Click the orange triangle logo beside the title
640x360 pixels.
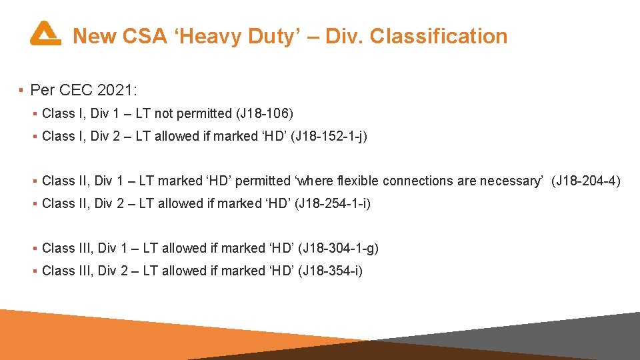pyautogui.click(x=45, y=33)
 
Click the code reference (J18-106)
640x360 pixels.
pyautogui.click(x=265, y=113)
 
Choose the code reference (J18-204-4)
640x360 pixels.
pyautogui.click(x=585, y=181)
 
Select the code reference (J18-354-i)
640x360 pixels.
pyautogui.click(x=330, y=271)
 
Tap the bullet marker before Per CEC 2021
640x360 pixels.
pyautogui.click(x=22, y=90)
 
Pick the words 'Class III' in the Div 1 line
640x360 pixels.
pyautogui.click(x=67, y=248)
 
